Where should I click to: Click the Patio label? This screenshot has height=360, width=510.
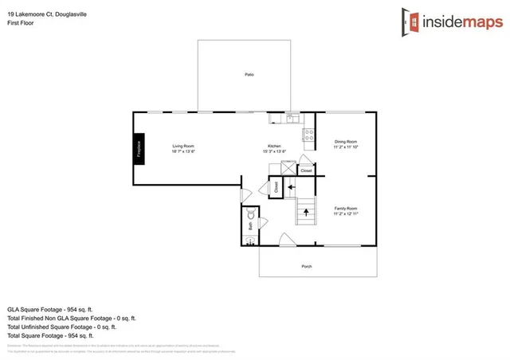(249, 74)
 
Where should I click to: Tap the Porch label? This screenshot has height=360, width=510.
(306, 266)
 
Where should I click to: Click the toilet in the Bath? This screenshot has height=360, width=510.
(251, 214)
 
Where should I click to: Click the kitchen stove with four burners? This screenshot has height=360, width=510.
(308, 135)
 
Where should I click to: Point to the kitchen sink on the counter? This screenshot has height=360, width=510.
(292, 120)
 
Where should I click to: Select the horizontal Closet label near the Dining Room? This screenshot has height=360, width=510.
(307, 170)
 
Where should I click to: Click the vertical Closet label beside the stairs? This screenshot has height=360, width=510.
(276, 188)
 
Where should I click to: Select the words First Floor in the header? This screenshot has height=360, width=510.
(21, 23)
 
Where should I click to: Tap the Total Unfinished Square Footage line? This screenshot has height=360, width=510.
(62, 327)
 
